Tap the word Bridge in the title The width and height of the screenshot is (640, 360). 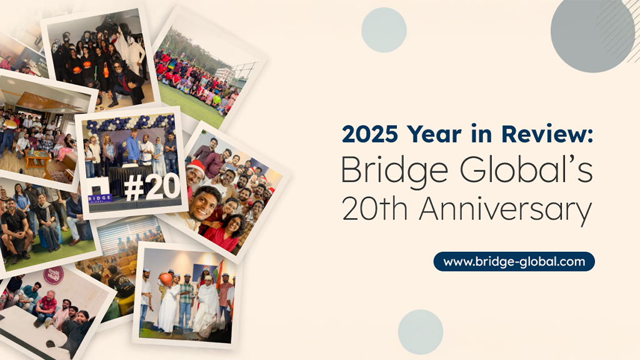386,171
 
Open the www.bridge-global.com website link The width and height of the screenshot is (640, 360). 514,261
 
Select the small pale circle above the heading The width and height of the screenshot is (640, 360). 384,29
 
